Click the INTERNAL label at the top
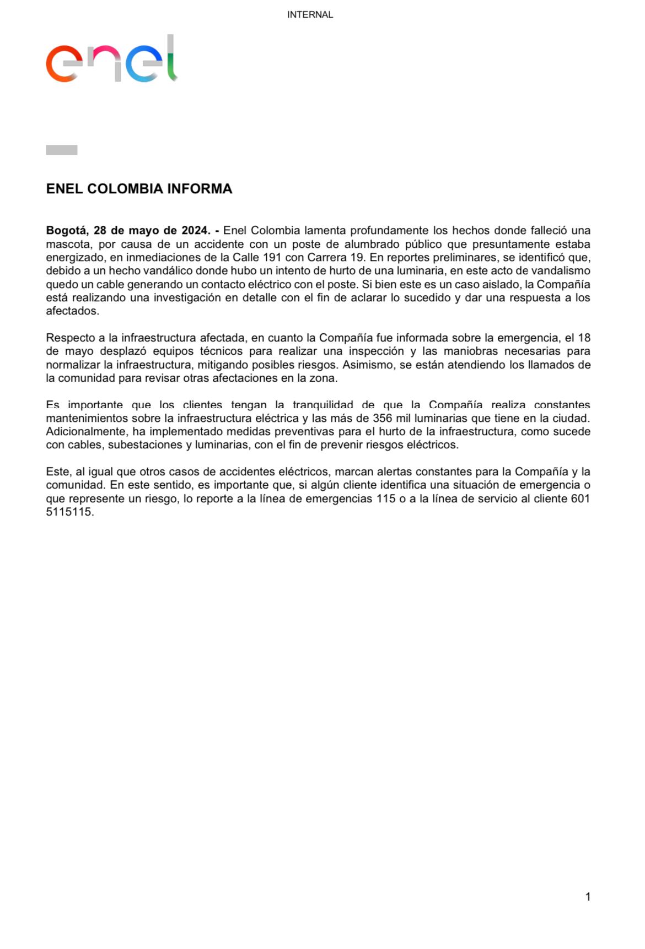pyautogui.click(x=310, y=15)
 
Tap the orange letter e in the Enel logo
pyautogui.click(x=63, y=64)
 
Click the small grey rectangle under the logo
pyautogui.click(x=62, y=150)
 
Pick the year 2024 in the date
pyautogui.click(x=196, y=231)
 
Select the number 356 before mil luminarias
pyautogui.click(x=383, y=418)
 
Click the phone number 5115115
pyautogui.click(x=70, y=512)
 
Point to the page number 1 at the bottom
pyautogui.click(x=588, y=897)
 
